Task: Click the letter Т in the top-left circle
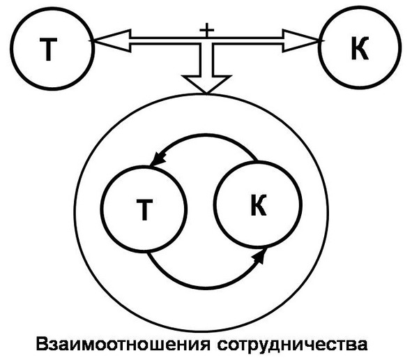tap(48, 50)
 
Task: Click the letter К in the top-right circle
tap(360, 48)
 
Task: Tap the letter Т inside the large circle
tap(144, 209)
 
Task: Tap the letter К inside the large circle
tap(259, 205)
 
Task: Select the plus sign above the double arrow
tap(207, 30)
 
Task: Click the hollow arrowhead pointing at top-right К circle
tap(302, 40)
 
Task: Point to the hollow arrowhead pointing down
tap(206, 82)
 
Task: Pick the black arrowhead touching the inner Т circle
tap(158, 158)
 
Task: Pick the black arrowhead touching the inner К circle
tap(259, 255)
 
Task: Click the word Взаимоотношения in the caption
tap(123, 345)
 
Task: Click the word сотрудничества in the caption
tap(292, 345)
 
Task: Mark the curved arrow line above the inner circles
tap(208, 135)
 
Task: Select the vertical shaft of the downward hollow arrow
tap(207, 60)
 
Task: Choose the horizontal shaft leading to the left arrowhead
tap(165, 40)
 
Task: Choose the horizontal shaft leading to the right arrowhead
tap(248, 40)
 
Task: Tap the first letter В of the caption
tap(42, 343)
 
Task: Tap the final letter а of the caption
tap(362, 345)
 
